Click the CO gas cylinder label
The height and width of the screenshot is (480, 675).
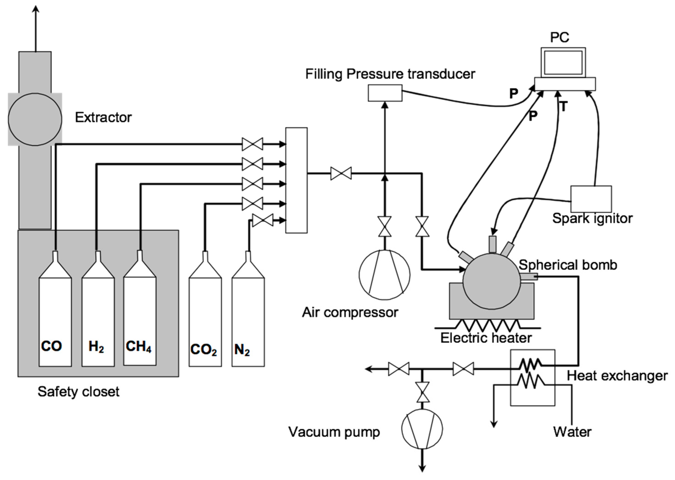point(51,346)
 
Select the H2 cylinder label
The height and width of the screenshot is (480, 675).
point(96,346)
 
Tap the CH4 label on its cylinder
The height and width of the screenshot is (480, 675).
point(138,346)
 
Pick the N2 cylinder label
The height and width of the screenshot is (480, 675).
point(242,350)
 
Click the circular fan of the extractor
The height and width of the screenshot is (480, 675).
point(35,119)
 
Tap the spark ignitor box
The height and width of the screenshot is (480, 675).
point(591,199)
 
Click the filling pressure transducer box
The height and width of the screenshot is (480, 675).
point(385,93)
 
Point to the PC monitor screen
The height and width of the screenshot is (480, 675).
point(563,63)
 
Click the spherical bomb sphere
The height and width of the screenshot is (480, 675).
point(491,281)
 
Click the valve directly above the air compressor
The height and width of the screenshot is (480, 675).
point(385,226)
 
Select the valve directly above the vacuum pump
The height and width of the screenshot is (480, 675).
point(422,392)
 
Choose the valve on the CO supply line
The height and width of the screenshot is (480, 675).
point(252,144)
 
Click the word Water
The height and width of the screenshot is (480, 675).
point(572,432)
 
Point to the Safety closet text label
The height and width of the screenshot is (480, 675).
point(78,392)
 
